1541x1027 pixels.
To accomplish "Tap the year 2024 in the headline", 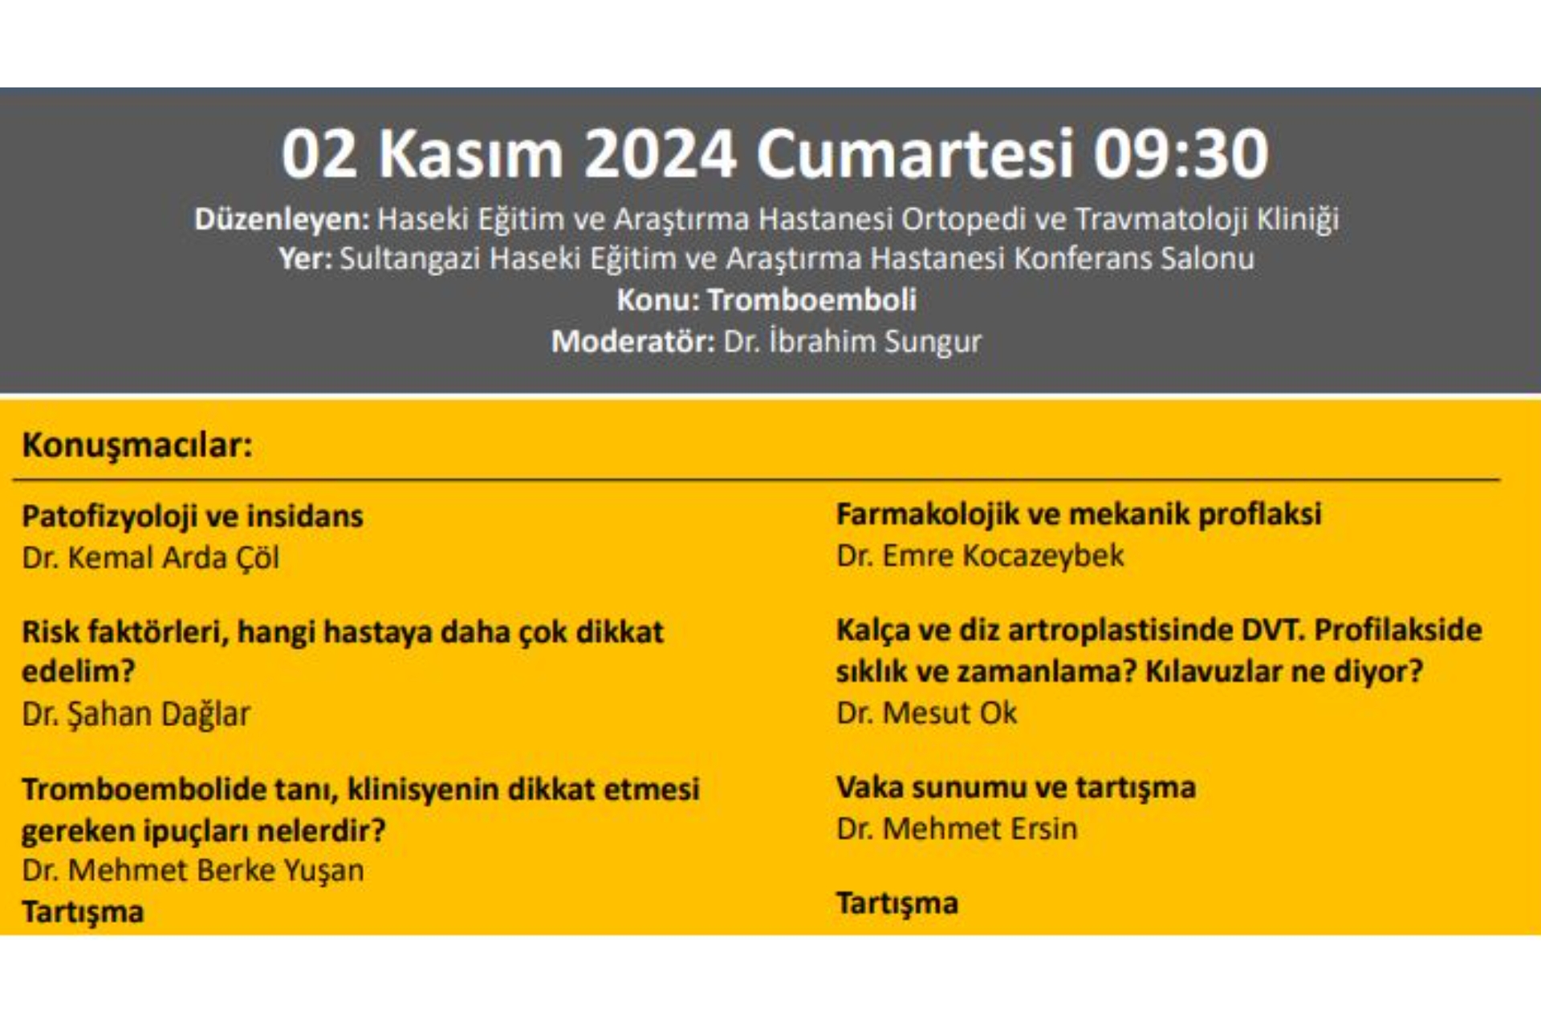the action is point(660,153).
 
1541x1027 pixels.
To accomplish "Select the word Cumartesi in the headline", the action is point(915,153).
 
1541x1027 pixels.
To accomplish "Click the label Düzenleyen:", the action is point(282,219).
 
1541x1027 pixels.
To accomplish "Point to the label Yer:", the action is point(306,258).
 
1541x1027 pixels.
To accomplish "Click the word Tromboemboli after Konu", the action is point(812,299).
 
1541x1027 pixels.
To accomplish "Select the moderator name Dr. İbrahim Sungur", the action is point(852,341).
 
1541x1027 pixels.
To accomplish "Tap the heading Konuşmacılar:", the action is point(137,444).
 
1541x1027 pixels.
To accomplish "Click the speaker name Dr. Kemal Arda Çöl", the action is point(151,558).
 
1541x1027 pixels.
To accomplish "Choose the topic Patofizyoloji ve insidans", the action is point(193,517).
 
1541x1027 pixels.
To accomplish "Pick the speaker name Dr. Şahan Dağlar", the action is point(136,713).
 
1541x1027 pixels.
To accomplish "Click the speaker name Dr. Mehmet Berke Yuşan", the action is point(193,870).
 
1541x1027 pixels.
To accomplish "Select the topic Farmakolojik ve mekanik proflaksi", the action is point(1079,514).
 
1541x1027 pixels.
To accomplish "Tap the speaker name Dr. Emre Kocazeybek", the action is point(980,555).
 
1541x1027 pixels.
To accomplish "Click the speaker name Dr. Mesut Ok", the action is point(926,712).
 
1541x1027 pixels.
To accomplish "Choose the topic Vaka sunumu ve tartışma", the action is point(1016,788).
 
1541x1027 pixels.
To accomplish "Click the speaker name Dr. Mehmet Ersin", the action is point(957,829).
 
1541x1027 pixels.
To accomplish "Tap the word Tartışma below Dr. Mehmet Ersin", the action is point(897,903).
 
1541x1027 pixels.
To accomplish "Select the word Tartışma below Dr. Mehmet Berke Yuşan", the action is point(83,912).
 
